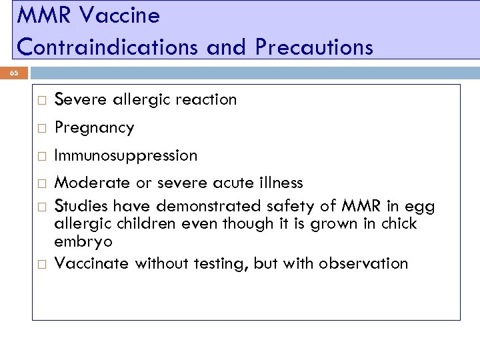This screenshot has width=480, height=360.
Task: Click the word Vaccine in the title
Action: point(125,15)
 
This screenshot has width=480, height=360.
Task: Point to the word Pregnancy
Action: point(94,128)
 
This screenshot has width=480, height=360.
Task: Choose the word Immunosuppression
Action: point(125,155)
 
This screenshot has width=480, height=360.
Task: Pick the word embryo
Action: point(83,241)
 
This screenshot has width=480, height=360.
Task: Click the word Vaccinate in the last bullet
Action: point(91,263)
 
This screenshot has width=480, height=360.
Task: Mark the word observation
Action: point(363,263)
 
